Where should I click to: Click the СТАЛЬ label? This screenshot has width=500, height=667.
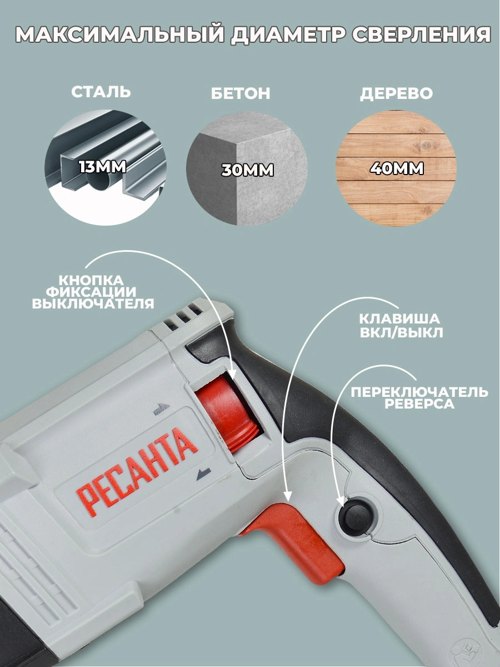(x=101, y=92)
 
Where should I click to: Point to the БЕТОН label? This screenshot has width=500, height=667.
(x=241, y=93)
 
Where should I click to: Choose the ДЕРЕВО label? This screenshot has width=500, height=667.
(x=396, y=93)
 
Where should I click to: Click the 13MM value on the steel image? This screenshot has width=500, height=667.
(x=103, y=167)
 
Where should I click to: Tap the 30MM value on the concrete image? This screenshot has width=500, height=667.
(x=247, y=170)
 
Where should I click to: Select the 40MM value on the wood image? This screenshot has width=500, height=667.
(x=397, y=168)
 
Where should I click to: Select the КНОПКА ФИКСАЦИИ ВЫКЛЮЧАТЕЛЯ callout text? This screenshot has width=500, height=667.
(x=93, y=292)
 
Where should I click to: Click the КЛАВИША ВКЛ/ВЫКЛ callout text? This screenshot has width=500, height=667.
(x=400, y=326)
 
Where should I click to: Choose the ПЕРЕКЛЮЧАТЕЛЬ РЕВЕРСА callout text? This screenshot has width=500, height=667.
(x=419, y=398)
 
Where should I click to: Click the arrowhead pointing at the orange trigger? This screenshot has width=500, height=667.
(x=287, y=494)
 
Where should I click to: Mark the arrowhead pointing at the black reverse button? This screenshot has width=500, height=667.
(x=342, y=502)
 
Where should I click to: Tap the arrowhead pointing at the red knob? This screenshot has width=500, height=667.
(x=233, y=373)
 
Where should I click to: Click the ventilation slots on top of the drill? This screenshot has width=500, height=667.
(x=183, y=317)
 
